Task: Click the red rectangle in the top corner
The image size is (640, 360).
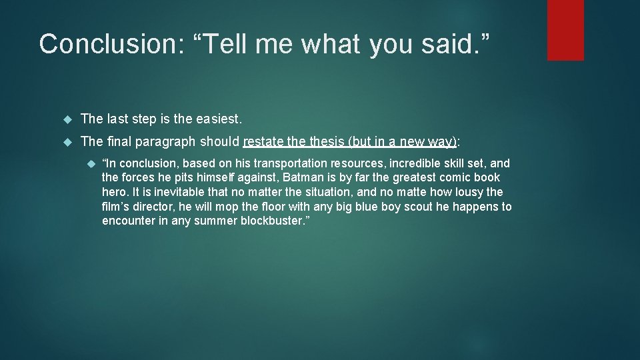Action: coord(565,30)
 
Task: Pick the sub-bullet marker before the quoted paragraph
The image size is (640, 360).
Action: coord(91,163)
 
